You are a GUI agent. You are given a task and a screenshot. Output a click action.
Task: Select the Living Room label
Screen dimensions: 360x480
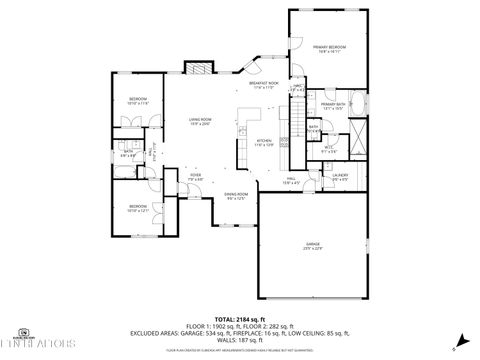pos(201,121)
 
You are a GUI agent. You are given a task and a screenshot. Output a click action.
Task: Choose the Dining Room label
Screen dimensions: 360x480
pos(236,196)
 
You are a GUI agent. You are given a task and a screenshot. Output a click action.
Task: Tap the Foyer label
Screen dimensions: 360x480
pos(196,177)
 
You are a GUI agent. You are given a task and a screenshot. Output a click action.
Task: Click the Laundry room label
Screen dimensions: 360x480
pos(340,177)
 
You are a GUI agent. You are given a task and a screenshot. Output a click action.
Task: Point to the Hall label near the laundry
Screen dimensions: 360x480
pos(291,181)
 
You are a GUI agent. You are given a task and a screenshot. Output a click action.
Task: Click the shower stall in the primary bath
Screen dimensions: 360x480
pos(361,137)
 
